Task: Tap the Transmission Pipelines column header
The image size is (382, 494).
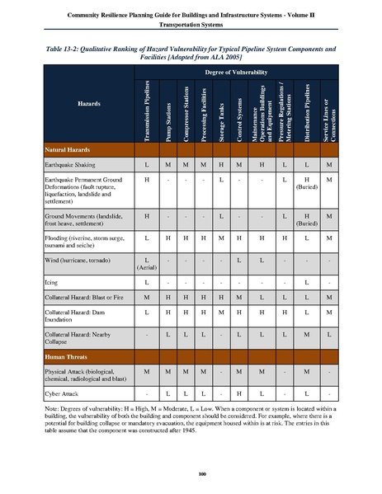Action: tap(146, 114)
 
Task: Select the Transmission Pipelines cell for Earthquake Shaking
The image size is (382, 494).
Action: tap(146, 166)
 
